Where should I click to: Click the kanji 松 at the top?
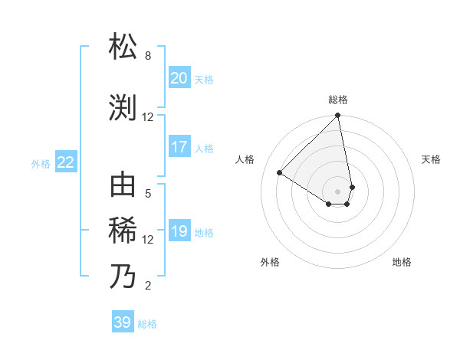point(123,47)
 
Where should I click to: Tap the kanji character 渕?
point(123,107)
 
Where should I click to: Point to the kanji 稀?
point(123,230)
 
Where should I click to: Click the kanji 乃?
point(123,276)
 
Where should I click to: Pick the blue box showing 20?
point(179,77)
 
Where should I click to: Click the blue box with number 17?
point(179,147)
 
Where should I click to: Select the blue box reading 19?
point(179,232)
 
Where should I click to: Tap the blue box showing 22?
point(65,162)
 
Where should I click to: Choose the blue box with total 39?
point(122,322)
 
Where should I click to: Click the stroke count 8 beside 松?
point(148,56)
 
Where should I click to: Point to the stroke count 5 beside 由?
point(148,193)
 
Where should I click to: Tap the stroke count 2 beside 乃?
point(148,286)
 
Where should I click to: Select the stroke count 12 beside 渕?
point(148,116)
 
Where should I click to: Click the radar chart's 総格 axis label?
point(338,100)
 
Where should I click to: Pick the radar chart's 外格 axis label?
point(270,262)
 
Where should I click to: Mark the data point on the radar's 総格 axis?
point(338,116)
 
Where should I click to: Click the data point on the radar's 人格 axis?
point(280,173)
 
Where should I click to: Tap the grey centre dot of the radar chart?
point(338,191)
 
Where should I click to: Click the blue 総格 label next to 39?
point(147,324)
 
